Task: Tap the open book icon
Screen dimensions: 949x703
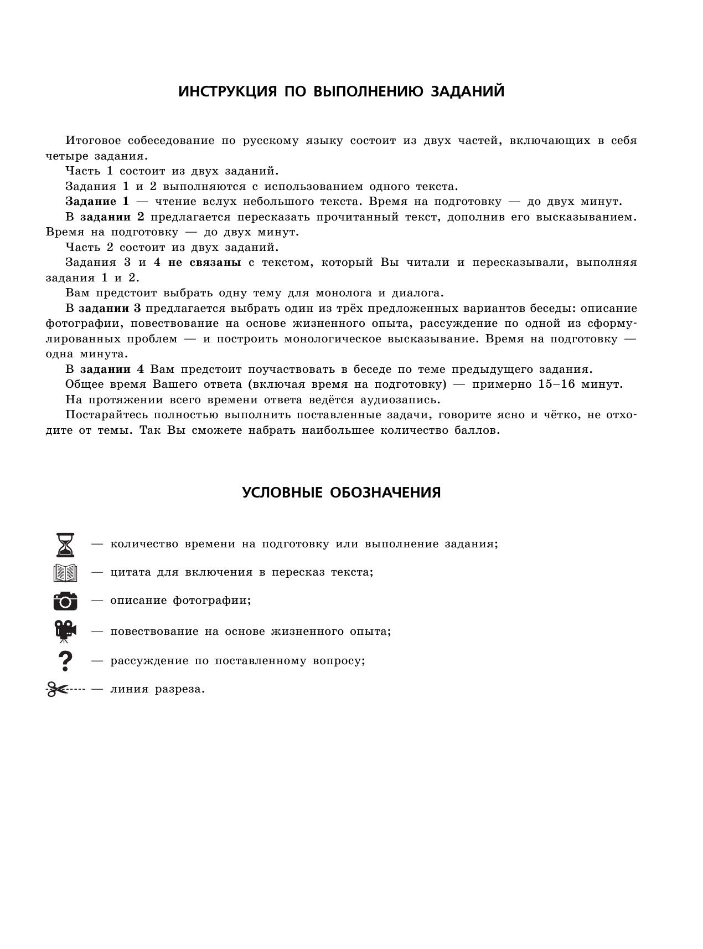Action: tap(65, 572)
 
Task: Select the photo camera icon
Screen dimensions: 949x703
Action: tap(65, 601)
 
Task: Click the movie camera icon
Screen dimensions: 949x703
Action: tap(65, 631)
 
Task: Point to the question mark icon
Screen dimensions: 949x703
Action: tap(65, 660)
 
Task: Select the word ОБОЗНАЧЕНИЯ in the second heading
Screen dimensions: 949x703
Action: tap(385, 493)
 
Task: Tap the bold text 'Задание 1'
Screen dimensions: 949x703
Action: tap(97, 202)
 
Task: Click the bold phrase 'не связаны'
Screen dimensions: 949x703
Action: tap(204, 263)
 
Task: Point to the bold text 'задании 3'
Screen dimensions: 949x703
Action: tap(110, 309)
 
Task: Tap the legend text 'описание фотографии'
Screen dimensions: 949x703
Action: tap(180, 601)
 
